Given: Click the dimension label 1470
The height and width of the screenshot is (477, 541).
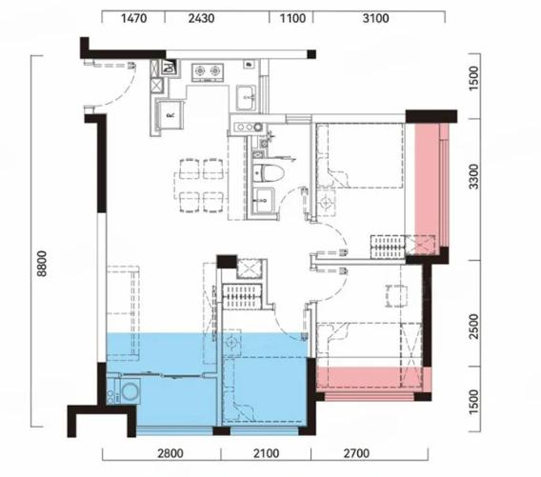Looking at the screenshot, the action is click(x=134, y=18).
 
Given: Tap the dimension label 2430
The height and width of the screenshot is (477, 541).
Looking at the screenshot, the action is click(x=202, y=18).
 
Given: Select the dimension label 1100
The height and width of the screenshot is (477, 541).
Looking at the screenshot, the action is click(x=292, y=18).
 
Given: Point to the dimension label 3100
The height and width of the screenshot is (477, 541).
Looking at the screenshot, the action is click(x=375, y=18).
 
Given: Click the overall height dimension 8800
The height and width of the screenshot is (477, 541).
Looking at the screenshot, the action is click(x=42, y=264).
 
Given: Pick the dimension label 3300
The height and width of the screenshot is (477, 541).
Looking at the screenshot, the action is click(x=474, y=176).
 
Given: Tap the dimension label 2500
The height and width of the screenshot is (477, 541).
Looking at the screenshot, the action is click(x=474, y=327).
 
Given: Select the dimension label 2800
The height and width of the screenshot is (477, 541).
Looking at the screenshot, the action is click(x=170, y=453).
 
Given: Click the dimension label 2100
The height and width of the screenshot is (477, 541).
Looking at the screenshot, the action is click(x=266, y=453).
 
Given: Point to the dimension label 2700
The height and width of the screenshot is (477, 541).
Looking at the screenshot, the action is click(x=356, y=453).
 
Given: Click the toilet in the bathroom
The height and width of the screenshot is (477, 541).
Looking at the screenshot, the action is click(x=268, y=172).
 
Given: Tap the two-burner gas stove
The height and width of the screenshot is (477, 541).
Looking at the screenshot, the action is click(x=208, y=72).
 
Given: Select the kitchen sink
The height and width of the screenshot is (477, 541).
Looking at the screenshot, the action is click(x=246, y=98).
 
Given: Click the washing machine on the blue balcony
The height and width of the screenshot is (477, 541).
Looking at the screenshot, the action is click(x=127, y=391).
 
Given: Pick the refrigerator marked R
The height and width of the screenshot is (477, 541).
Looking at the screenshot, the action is click(x=169, y=114).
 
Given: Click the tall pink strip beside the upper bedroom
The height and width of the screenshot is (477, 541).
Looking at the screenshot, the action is click(x=428, y=189).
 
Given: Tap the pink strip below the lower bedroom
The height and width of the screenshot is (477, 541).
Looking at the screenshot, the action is click(x=373, y=379).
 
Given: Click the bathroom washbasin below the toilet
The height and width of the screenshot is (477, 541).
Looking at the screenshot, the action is click(x=263, y=200).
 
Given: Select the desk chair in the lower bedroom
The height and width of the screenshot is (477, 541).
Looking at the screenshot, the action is click(x=396, y=295).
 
